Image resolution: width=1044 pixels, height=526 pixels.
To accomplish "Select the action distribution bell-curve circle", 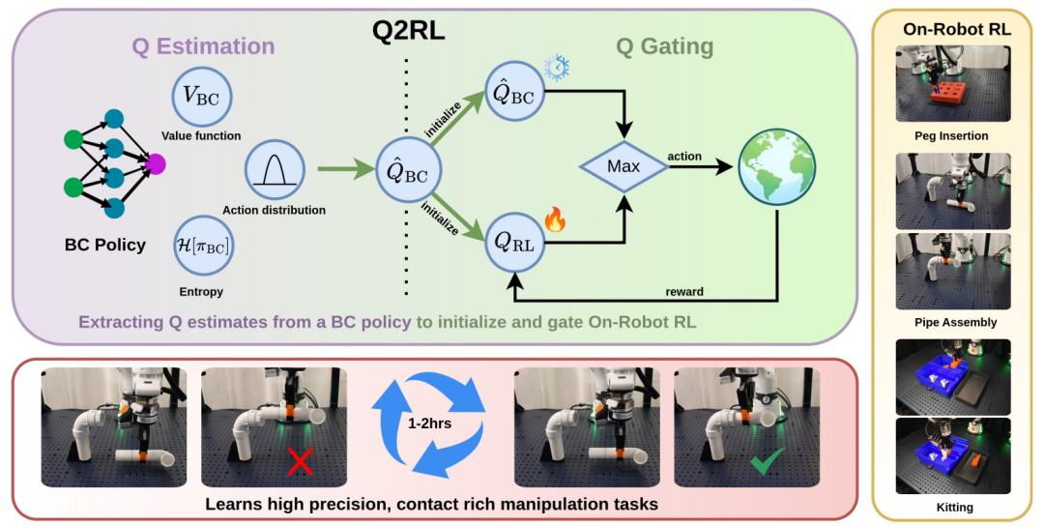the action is pyautogui.click(x=275, y=170).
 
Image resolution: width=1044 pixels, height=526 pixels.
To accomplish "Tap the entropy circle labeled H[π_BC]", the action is pyautogui.click(x=203, y=246).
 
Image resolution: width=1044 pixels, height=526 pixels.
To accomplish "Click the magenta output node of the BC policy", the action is pyautogui.click(x=155, y=163).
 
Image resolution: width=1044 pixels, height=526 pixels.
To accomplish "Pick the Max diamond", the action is pyautogui.click(x=623, y=166).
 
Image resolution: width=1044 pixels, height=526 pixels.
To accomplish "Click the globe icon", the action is pyautogui.click(x=777, y=167).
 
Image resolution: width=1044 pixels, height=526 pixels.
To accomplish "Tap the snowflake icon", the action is pyautogui.click(x=557, y=68).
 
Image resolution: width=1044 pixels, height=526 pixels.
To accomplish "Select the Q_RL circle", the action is pyautogui.click(x=514, y=243).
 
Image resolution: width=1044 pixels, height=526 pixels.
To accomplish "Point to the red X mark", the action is pyautogui.click(x=300, y=461).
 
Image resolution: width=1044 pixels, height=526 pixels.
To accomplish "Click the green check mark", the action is pyautogui.click(x=768, y=461).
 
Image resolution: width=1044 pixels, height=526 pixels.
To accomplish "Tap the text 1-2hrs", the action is pyautogui.click(x=429, y=423).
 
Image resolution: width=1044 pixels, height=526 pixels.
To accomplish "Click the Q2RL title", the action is pyautogui.click(x=408, y=31).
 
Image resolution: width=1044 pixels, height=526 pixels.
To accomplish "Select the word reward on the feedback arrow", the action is pyautogui.click(x=684, y=292).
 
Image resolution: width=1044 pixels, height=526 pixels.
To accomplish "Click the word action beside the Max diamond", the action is pyautogui.click(x=684, y=156).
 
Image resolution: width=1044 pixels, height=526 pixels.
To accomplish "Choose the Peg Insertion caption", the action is pyautogui.click(x=951, y=135).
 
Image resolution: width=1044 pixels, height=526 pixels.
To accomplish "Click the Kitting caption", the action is pyautogui.click(x=955, y=508).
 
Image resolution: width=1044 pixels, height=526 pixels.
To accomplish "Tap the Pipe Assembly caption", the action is pyautogui.click(x=955, y=322).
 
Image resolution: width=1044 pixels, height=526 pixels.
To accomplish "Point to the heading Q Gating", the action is pyautogui.click(x=664, y=46).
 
